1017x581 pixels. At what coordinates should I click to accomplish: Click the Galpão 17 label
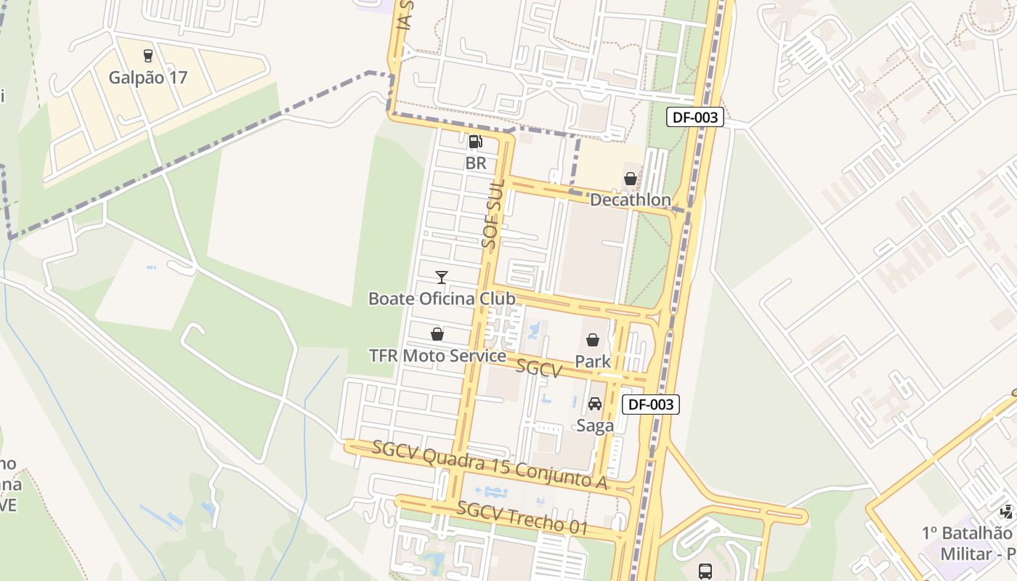pos(148,77)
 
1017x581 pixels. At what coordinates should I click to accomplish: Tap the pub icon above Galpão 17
pos(148,56)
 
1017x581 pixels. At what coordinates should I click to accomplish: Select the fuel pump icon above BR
pos(475,142)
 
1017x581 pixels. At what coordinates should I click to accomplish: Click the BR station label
pos(476,163)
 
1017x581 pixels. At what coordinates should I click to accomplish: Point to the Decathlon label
pos(630,199)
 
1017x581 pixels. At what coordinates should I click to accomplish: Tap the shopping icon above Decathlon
pos(630,179)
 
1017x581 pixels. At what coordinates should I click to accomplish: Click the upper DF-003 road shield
pos(695,117)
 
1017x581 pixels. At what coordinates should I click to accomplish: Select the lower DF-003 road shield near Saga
pos(651,405)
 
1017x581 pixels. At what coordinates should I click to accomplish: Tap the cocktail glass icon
pos(441,277)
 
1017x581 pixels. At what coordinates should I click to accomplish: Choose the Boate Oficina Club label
pos(442,298)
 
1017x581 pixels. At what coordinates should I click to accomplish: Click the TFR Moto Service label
pos(437,356)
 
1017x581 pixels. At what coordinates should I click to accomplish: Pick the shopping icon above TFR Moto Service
pos(437,334)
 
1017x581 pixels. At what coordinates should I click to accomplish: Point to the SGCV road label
pos(539,368)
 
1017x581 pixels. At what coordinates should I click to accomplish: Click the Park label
pos(593,361)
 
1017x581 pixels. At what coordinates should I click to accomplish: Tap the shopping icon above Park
pos(593,340)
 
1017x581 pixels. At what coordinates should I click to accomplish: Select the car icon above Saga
pos(595,404)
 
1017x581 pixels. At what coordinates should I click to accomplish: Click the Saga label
pos(595,426)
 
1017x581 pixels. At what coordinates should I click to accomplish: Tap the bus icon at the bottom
pos(705,571)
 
